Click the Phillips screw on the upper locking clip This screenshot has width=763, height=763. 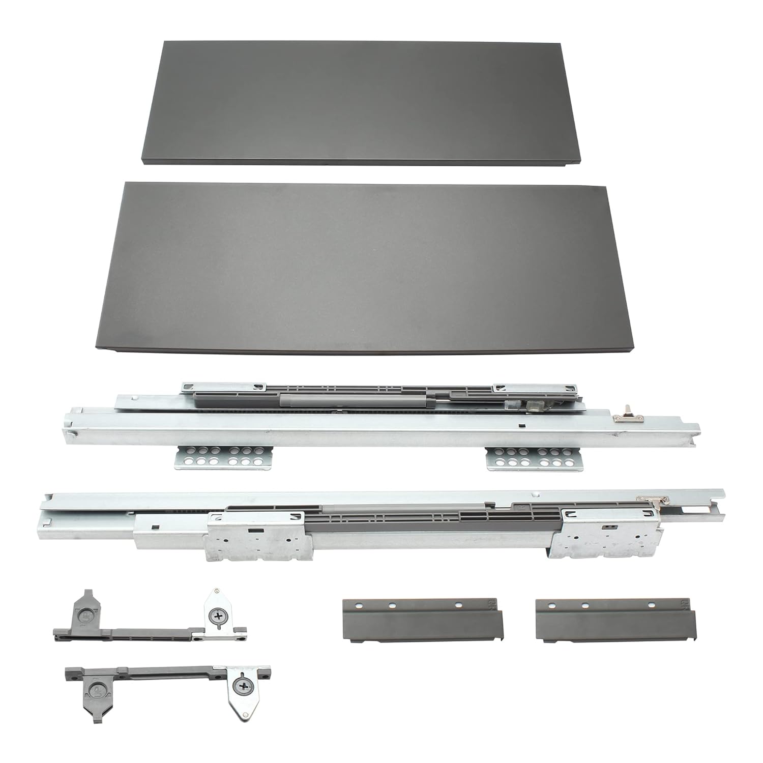click(219, 616)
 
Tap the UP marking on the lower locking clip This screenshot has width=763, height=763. click(95, 690)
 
